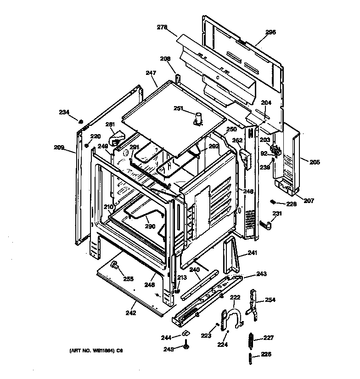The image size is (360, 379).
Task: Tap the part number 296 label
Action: [x=270, y=32]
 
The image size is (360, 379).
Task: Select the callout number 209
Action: [x=59, y=147]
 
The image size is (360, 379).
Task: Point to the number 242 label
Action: [x=131, y=313]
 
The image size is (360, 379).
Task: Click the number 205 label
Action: [x=315, y=162]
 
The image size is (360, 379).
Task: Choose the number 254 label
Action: [x=270, y=300]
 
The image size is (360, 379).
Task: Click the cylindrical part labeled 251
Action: [x=199, y=118]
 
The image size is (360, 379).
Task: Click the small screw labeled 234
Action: [x=80, y=121]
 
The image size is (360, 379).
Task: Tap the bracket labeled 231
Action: [x=266, y=224]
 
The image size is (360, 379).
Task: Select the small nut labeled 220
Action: [x=86, y=145]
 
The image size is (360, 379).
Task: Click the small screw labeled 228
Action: [x=272, y=202]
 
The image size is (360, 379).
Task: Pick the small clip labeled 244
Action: [x=185, y=333]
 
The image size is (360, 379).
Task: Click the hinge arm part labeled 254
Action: [x=252, y=303]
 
